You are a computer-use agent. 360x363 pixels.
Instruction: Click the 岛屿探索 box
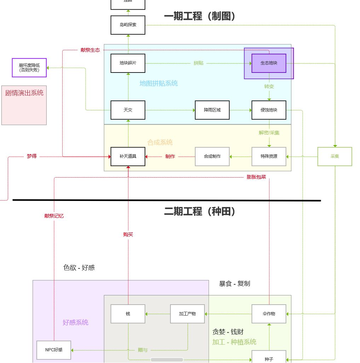pos(128,25)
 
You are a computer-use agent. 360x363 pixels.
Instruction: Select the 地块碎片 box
pos(128,63)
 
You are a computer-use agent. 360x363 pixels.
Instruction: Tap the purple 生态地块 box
pos(269,63)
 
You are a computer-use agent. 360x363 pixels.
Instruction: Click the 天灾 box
pos(128,110)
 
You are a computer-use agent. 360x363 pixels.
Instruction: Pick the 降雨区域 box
pos(212,110)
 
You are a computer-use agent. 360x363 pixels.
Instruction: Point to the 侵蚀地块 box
pos(269,110)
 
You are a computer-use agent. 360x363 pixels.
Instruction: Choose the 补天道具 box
pos(128,156)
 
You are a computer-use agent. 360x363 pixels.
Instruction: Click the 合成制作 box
pos(212,156)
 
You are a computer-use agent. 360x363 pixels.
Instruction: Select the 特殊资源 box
pos(269,156)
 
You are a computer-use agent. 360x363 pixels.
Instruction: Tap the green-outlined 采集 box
pos(335,156)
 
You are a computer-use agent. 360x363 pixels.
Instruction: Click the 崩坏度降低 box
pos(29,68)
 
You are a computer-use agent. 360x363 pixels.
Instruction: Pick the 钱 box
pos(128,314)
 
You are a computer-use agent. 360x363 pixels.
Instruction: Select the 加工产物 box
pos(187,314)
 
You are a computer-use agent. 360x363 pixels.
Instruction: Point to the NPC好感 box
pos(54,350)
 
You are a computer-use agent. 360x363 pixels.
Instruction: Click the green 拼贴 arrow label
pos(198,63)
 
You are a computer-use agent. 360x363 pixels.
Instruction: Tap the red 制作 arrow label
pos(170,156)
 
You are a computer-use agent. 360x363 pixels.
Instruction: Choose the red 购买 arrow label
pos(128,235)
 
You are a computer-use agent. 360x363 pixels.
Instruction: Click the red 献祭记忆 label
pos(54,216)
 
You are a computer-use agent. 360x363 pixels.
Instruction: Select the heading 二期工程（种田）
pos(200,212)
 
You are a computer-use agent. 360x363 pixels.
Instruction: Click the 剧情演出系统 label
pos(24,93)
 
